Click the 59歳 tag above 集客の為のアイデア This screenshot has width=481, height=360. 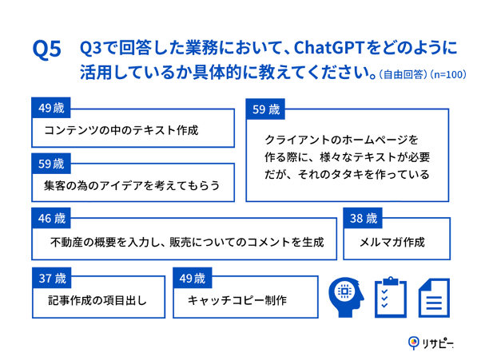tap(52, 164)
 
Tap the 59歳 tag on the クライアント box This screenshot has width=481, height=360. tap(266, 109)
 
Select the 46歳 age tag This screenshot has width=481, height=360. tap(52, 218)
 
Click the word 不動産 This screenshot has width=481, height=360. tap(69, 242)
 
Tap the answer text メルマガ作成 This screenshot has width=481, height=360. tap(393, 242)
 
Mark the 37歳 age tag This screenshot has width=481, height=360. tap(52, 279)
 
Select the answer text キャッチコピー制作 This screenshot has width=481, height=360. tap(237, 302)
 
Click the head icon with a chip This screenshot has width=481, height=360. tap(346, 297)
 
